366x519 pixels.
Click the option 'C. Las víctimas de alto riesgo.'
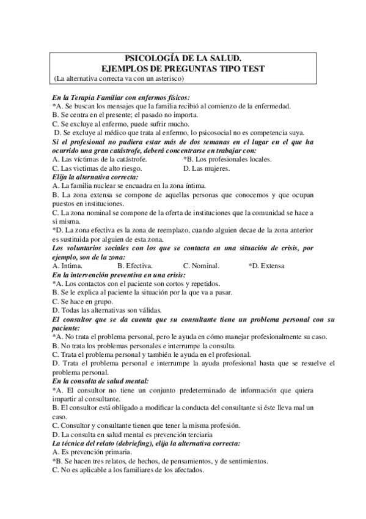[x=97, y=168]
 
